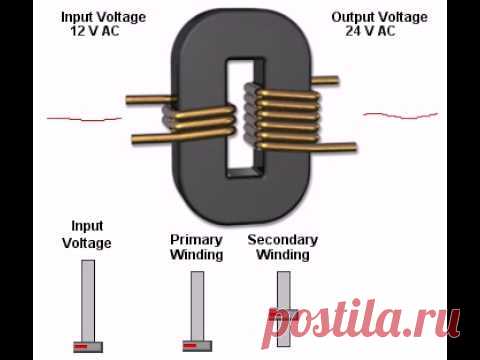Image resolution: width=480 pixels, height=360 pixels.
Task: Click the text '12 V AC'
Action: [x=95, y=31]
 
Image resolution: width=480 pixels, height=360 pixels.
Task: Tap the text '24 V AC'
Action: [x=370, y=31]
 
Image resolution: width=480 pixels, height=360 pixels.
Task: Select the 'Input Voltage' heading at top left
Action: [x=103, y=17]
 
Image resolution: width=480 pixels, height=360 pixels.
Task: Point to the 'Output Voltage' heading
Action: [x=380, y=17]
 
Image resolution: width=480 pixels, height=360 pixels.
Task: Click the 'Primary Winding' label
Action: [x=196, y=247]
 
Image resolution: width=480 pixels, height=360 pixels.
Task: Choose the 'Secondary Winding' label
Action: [x=283, y=247]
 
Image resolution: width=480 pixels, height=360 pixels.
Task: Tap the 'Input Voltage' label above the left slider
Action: [x=87, y=234]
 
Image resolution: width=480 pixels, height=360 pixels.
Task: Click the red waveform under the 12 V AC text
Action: [x=85, y=118]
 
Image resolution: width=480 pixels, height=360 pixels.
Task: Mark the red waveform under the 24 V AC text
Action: [x=400, y=115]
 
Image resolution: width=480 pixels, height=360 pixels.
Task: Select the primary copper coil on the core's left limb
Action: [x=200, y=122]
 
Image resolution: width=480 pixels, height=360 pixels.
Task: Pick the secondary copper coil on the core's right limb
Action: [x=283, y=118]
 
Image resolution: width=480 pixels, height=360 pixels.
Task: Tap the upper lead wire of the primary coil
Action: [x=151, y=99]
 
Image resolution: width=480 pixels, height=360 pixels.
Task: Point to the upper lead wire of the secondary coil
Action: [x=325, y=80]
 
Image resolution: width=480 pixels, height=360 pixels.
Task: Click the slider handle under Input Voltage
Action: [x=88, y=347]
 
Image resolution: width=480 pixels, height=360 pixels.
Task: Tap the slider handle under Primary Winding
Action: [x=197, y=346]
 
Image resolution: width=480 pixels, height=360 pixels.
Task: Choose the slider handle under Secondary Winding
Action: [x=283, y=314]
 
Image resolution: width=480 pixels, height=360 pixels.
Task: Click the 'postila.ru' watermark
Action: [x=361, y=323]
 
